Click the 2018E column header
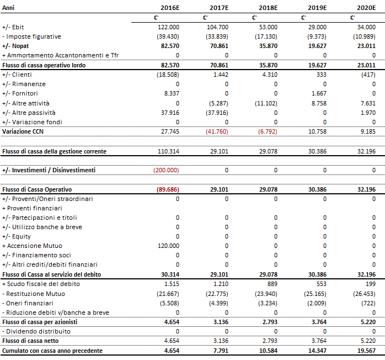point(268,8)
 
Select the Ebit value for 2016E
point(168,27)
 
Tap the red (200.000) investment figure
point(166,170)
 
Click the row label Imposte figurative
point(31,36)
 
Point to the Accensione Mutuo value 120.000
point(168,246)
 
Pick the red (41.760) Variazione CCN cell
point(217,131)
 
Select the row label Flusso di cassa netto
point(30,341)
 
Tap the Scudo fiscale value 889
point(272,284)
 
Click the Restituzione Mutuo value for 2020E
point(364,294)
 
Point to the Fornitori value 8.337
point(172,93)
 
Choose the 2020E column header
point(366,8)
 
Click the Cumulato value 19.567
point(367,351)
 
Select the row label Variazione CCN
point(23,131)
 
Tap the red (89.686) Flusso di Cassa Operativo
point(168,189)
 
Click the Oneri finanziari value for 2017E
point(218,303)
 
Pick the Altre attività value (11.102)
point(266,103)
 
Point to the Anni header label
point(8,8)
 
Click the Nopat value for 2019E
point(318,46)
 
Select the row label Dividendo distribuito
point(36,331)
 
